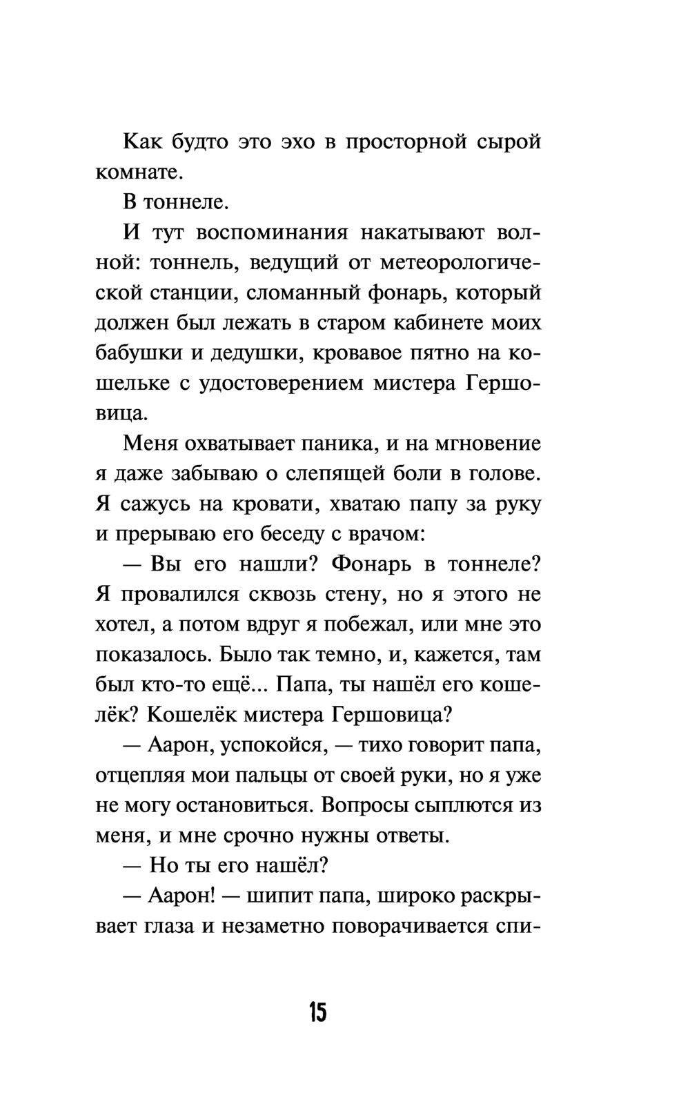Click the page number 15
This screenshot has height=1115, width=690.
click(317, 1013)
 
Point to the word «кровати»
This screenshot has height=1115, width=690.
click(259, 504)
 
